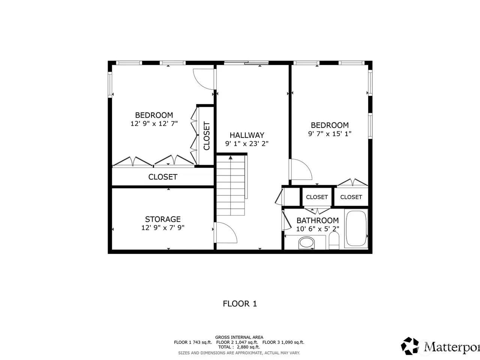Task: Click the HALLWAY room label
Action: [x=247, y=135]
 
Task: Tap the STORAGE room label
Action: [x=163, y=219]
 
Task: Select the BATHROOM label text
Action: [x=318, y=220]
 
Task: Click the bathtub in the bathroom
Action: [x=356, y=228]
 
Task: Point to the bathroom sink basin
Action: [x=307, y=243]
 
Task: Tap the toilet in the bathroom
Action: [x=334, y=240]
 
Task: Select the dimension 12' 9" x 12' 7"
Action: [x=154, y=124]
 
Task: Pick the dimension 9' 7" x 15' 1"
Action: [x=330, y=134]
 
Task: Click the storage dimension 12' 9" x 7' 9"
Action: [x=163, y=228]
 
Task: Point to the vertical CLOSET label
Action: [x=206, y=136]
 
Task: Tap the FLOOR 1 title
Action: [x=240, y=304]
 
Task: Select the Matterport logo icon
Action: [x=409, y=346]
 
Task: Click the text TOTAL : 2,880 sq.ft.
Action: [x=239, y=347]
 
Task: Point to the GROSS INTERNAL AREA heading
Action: [x=239, y=337]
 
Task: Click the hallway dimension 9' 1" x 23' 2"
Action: [x=247, y=144]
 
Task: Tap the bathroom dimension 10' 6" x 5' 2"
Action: [x=318, y=229]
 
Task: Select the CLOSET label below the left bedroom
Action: [x=163, y=177]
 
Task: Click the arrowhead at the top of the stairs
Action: [x=231, y=157]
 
